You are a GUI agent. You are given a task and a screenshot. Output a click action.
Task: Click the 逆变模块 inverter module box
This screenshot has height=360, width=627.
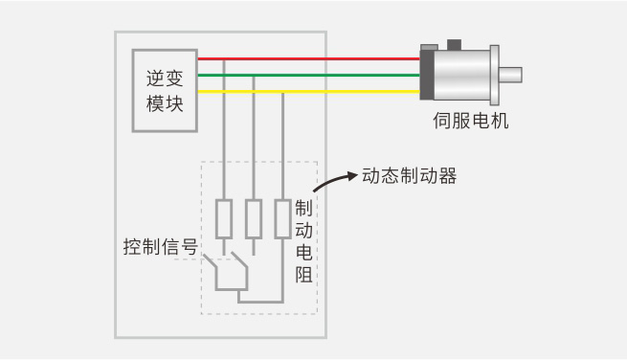(165, 91)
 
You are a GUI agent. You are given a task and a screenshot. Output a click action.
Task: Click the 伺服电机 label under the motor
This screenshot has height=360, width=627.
(471, 122)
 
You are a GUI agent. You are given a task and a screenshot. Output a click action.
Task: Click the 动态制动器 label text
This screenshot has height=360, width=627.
(409, 176)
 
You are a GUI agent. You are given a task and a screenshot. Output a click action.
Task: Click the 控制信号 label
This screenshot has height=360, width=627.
(160, 246)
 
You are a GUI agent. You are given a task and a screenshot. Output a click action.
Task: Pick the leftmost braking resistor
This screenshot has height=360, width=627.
(223, 219)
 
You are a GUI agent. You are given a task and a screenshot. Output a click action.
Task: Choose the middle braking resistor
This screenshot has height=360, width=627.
(253, 219)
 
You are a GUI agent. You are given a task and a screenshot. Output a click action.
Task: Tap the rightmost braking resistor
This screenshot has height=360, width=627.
(282, 219)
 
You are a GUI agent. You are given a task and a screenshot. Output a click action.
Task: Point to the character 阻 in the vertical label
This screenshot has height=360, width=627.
(303, 275)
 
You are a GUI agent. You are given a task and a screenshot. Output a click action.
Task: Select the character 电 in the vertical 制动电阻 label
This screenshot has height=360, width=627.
(303, 253)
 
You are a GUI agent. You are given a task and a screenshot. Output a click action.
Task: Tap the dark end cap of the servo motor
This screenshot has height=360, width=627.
(428, 75)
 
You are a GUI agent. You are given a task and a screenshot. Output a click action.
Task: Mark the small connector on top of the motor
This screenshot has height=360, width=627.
(454, 43)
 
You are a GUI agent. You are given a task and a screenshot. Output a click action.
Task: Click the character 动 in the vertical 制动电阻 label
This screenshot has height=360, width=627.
(303, 231)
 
